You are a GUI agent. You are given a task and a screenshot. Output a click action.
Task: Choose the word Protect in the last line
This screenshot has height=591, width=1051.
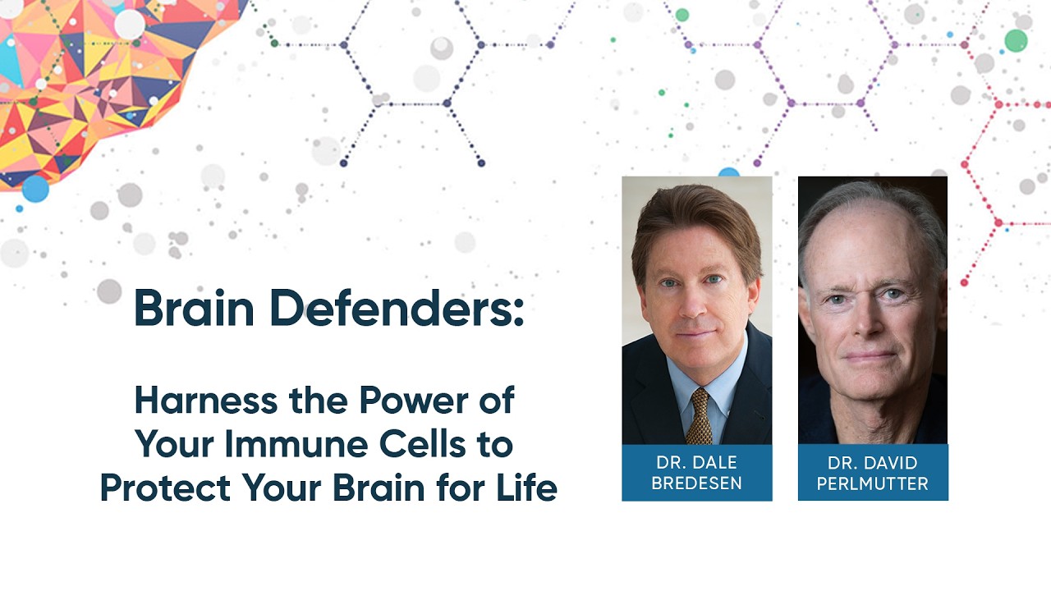[x=164, y=488]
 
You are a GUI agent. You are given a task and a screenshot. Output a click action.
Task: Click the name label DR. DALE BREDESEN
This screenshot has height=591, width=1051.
[x=696, y=473]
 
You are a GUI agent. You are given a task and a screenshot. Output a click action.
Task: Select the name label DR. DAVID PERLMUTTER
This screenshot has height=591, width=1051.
[x=873, y=473]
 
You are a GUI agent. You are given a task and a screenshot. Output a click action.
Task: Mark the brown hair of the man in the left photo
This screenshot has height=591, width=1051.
[x=690, y=213]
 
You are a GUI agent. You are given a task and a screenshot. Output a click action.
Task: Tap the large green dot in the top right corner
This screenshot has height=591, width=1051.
[x=1016, y=40]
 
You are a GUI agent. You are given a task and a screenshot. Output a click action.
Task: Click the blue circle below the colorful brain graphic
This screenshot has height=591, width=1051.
[x=35, y=188]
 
